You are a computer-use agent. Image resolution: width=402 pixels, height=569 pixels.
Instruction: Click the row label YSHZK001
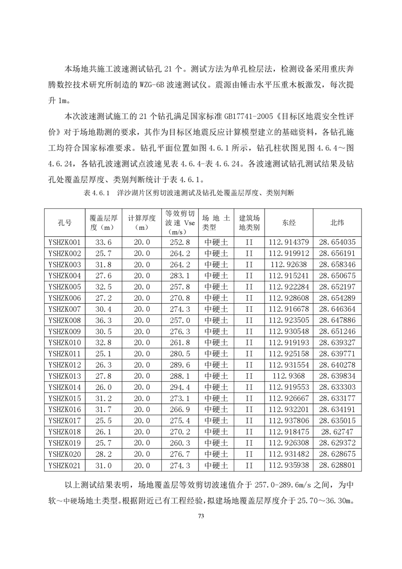point(64,242)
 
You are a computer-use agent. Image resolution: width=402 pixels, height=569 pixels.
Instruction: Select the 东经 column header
point(288,222)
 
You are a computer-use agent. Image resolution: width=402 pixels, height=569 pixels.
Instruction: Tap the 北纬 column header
point(337,222)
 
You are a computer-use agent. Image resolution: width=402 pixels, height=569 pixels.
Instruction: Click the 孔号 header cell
point(64,222)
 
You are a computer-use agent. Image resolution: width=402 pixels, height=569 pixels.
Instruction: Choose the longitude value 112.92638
point(288,265)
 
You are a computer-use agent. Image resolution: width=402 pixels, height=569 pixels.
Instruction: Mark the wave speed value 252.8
point(177,242)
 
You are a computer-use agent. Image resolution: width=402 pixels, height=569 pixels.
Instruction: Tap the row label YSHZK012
point(64,365)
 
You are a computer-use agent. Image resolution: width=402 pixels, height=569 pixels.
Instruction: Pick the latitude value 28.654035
point(337,242)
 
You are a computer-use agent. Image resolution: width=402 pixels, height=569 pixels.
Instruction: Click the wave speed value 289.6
point(177,365)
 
